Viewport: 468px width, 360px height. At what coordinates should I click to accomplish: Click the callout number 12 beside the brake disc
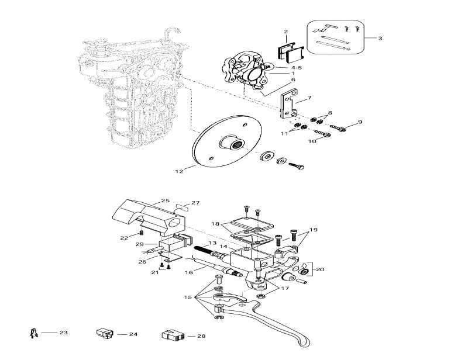click(x=179, y=171)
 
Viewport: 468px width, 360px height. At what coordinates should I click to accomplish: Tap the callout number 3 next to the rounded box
click(x=380, y=39)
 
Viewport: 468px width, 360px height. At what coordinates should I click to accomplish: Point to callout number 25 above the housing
click(x=165, y=201)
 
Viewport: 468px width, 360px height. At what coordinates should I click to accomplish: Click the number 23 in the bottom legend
click(x=63, y=333)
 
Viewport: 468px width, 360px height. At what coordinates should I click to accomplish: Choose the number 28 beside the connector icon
click(x=201, y=336)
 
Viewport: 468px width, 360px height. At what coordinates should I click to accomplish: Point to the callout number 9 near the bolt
click(x=360, y=122)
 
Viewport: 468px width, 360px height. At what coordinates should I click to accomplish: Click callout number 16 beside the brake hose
click(x=188, y=272)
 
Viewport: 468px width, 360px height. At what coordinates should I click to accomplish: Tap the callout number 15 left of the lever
click(x=187, y=297)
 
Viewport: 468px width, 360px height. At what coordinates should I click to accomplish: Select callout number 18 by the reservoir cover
click(x=215, y=224)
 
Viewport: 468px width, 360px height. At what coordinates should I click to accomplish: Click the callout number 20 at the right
click(x=319, y=269)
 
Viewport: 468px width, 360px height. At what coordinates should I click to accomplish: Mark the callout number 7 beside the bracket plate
click(x=309, y=99)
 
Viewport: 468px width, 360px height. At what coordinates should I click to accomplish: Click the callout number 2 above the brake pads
click(x=286, y=32)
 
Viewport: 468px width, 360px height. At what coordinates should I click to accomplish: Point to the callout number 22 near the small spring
click(x=124, y=238)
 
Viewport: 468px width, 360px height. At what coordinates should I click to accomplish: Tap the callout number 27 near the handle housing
click(x=195, y=203)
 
